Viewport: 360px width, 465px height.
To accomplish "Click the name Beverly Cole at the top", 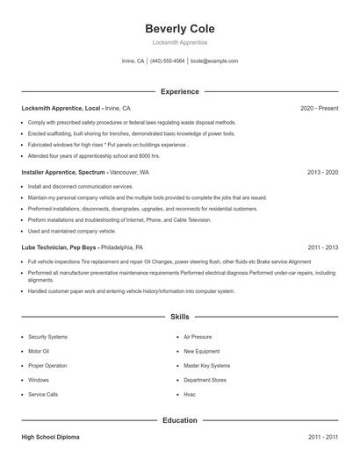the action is tap(179, 29).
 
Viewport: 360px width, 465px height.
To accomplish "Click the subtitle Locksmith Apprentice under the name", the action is tap(179, 42).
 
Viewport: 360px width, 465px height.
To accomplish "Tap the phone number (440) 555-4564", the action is tap(167, 61).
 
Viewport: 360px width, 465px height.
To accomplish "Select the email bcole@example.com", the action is tap(214, 61).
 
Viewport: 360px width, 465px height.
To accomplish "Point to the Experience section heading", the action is tap(179, 91).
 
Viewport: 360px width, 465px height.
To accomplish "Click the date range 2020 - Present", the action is tap(319, 108).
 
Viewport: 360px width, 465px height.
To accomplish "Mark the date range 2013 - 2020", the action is tap(322, 173).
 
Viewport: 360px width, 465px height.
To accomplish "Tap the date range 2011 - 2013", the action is tap(322, 247).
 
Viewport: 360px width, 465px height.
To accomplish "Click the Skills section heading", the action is tap(179, 316).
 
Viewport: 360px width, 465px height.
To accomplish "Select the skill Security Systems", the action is tap(47, 337).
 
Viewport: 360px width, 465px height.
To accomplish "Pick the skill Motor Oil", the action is tap(40, 351).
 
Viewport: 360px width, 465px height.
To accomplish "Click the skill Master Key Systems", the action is tap(206, 365).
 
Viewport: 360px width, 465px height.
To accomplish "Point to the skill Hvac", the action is tap(190, 394).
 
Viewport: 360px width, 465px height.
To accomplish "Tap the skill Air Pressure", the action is tap(198, 337).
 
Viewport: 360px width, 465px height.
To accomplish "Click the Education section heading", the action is tap(179, 420).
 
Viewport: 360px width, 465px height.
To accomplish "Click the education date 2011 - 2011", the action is tap(322, 436).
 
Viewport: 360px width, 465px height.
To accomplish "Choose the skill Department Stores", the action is tap(205, 380).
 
